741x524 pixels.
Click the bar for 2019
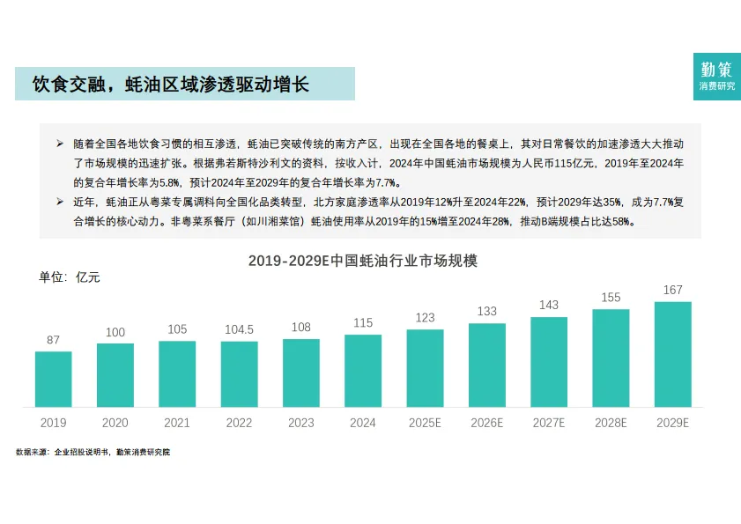click(x=53, y=379)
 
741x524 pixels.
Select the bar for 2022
click(x=239, y=373)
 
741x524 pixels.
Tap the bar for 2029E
click(x=672, y=354)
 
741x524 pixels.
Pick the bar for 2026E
click(x=486, y=365)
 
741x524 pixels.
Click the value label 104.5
click(x=239, y=330)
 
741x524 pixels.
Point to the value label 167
click(x=672, y=291)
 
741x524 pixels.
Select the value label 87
click(x=53, y=341)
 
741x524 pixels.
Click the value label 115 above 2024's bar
click(x=363, y=323)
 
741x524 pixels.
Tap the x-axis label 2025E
click(x=425, y=424)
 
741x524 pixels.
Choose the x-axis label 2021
click(x=177, y=424)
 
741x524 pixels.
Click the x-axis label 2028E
click(x=611, y=424)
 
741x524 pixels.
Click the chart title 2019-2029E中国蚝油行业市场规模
click(x=362, y=262)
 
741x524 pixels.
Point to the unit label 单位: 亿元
click(x=70, y=278)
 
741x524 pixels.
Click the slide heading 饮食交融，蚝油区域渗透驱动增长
click(x=171, y=85)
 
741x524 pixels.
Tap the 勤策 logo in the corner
click(x=716, y=76)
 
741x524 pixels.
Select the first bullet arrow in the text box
click(x=60, y=143)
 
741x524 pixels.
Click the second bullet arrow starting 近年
click(x=60, y=203)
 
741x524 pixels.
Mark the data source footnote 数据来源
click(x=93, y=452)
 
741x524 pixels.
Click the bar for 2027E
click(x=549, y=362)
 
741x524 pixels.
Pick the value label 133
click(x=486, y=312)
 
